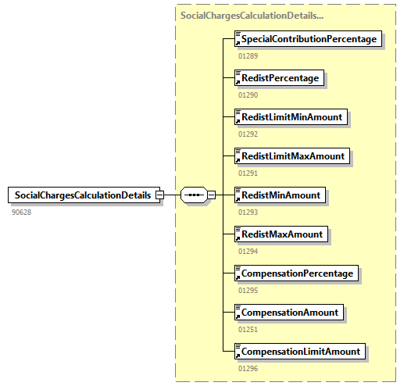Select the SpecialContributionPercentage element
pyautogui.click(x=309, y=39)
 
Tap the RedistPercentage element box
pyautogui.click(x=279, y=78)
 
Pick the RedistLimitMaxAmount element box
pyautogui.click(x=293, y=156)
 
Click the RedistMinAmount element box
pyautogui.click(x=281, y=195)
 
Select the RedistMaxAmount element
pyautogui.click(x=281, y=234)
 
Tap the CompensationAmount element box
pyautogui.click(x=290, y=313)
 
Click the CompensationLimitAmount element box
pyautogui.click(x=301, y=352)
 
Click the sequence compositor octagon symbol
pyautogui.click(x=193, y=195)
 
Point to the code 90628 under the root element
pyautogui.click(x=21, y=212)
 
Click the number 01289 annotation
pyautogui.click(x=248, y=55)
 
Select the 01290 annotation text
pyautogui.click(x=248, y=95)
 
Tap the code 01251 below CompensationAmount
pyautogui.click(x=248, y=329)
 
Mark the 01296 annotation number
pyautogui.click(x=248, y=368)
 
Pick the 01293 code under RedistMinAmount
pyautogui.click(x=248, y=212)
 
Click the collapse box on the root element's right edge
pyautogui.click(x=159, y=195)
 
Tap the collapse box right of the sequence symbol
pyautogui.click(x=211, y=195)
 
